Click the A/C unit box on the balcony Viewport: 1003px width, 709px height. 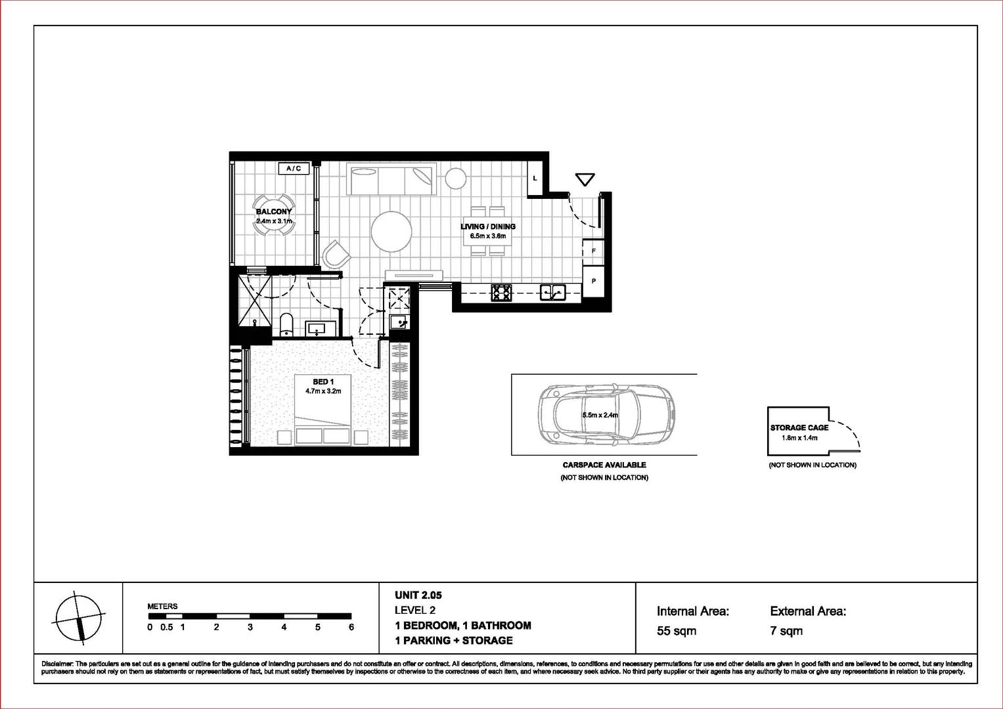(294, 169)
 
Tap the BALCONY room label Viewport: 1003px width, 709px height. (274, 211)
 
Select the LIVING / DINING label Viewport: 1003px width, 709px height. (487, 226)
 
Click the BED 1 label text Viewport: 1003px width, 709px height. (323, 381)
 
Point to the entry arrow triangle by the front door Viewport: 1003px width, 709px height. (584, 179)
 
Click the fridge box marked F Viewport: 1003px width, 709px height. (593, 251)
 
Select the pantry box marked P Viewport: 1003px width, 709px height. (593, 281)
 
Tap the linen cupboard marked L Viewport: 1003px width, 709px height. (535, 178)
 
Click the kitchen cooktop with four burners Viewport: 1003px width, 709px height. (502, 292)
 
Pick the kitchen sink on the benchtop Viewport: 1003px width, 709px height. (552, 292)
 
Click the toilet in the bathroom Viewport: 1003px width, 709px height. (286, 324)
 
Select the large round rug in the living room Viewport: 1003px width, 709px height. (391, 231)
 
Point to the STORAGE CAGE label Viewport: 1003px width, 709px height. (799, 427)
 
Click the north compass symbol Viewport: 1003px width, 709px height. (79, 618)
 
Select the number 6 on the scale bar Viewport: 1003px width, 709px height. (351, 627)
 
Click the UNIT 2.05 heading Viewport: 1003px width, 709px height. (418, 595)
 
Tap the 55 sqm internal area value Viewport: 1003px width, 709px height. (676, 631)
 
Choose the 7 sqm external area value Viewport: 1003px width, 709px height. (786, 631)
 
